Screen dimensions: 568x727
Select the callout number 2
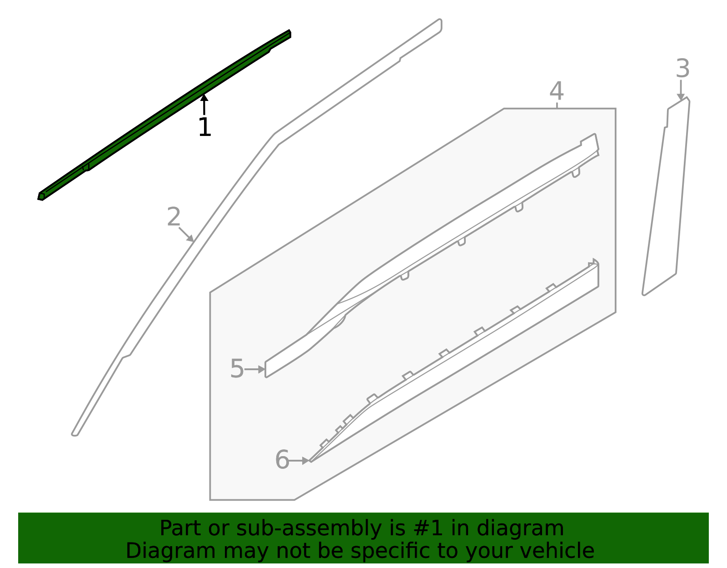tap(174, 217)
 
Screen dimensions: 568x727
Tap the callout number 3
tap(682, 69)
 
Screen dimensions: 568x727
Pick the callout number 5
tap(237, 369)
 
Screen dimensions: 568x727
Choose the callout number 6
tap(282, 460)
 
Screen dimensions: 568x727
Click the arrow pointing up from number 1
tap(204, 104)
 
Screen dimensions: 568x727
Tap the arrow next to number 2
tap(187, 235)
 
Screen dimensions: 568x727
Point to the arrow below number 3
tap(680, 90)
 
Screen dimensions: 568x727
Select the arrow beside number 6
tap(299, 461)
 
